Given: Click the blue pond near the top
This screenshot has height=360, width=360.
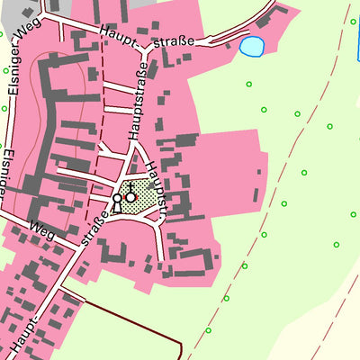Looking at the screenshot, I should [x=252, y=45].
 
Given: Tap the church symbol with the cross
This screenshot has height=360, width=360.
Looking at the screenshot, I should [x=130, y=195].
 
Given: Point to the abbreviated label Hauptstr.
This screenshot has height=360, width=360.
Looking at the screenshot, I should [x=160, y=184].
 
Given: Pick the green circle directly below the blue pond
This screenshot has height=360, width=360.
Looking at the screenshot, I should [x=248, y=85].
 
